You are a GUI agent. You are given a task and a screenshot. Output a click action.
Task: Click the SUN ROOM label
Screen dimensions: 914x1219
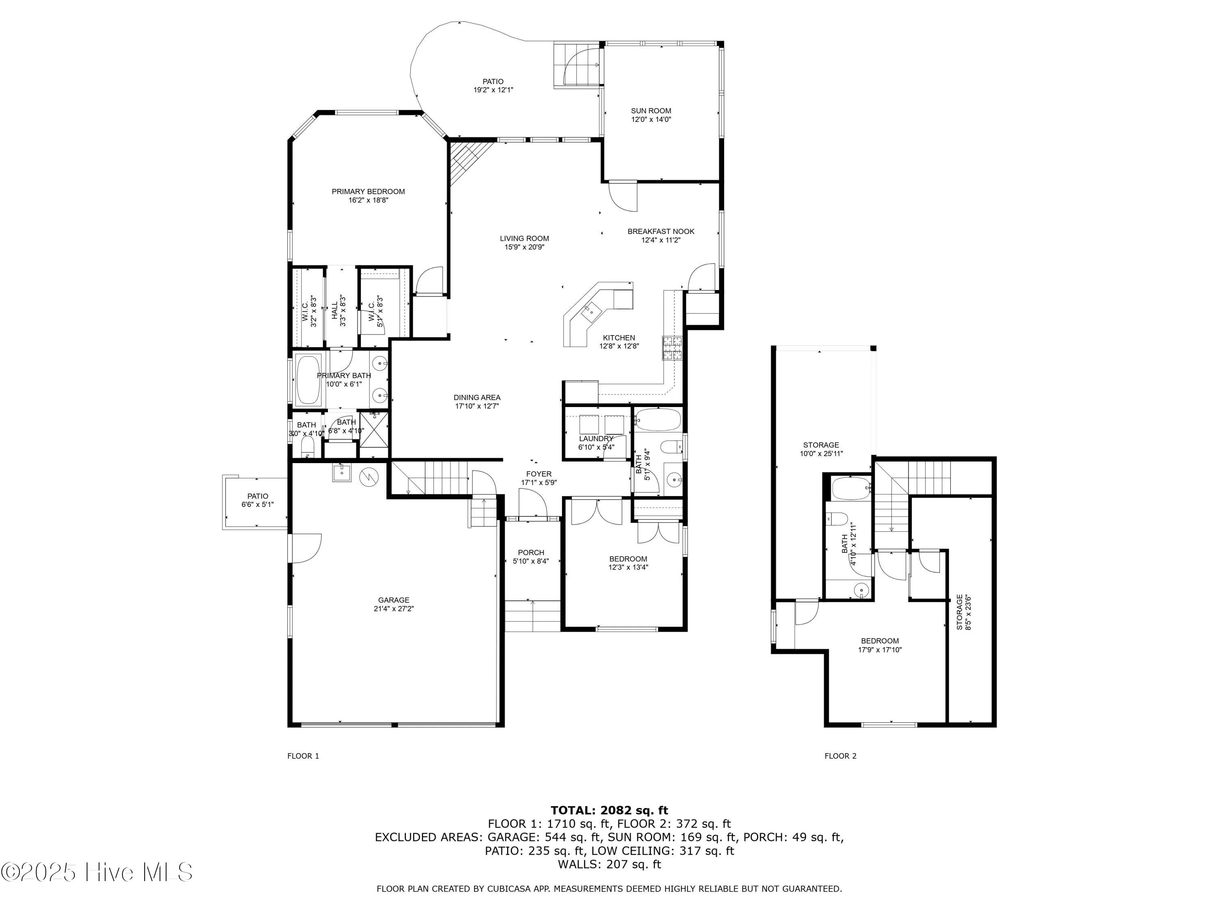click(x=651, y=111)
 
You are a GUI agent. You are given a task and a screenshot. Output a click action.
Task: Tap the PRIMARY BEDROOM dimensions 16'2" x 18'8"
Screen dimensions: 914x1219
click(x=368, y=201)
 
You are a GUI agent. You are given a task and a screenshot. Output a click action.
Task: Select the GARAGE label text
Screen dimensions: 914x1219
click(x=393, y=600)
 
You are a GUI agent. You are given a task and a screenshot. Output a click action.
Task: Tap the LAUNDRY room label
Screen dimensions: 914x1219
click(x=596, y=439)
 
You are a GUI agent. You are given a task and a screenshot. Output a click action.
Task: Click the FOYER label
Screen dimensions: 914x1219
click(x=538, y=474)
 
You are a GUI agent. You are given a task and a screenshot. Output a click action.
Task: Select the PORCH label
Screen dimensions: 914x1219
click(x=531, y=552)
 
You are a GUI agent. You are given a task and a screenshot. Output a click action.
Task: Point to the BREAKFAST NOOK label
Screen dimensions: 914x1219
click(x=661, y=232)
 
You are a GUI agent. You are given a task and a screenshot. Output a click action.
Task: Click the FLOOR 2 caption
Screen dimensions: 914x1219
click(x=840, y=756)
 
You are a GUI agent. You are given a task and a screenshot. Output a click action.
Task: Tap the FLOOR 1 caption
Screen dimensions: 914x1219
click(x=303, y=756)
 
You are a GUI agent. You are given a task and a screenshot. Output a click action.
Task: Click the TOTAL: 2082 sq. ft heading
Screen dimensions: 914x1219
click(x=609, y=810)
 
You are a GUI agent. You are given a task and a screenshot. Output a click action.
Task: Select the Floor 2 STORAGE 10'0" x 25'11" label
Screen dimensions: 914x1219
click(x=821, y=449)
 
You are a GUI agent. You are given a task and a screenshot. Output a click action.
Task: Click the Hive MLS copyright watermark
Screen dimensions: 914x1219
click(x=97, y=872)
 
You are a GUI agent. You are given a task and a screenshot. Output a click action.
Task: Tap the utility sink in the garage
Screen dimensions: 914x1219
click(x=342, y=473)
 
